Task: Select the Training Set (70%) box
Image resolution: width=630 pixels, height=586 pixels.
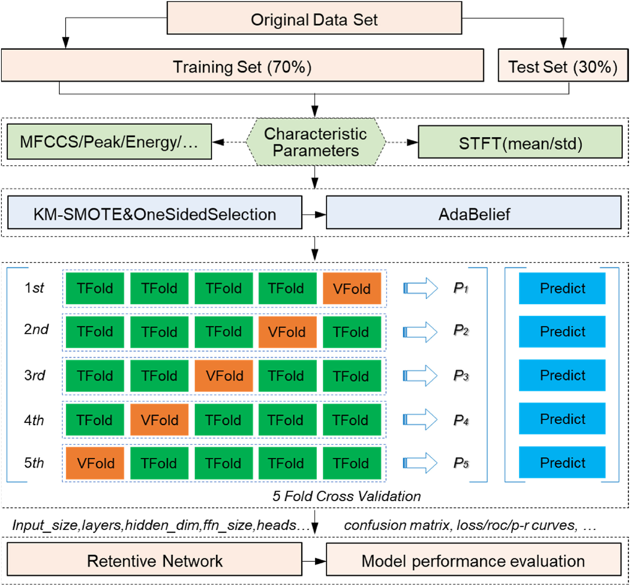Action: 242,65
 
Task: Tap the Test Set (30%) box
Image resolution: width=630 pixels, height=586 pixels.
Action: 563,65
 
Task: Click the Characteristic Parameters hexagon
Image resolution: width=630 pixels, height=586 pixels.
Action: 316,142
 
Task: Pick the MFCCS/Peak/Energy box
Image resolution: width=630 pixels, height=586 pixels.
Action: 109,142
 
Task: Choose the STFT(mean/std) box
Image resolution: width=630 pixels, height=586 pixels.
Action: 520,142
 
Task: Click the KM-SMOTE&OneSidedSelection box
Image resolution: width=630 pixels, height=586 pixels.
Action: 155,213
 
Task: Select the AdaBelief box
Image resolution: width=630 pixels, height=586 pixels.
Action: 473,213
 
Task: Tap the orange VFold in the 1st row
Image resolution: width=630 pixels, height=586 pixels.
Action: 352,288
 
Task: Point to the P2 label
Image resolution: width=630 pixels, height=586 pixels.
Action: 461,330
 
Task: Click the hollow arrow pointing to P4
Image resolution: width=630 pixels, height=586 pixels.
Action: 420,419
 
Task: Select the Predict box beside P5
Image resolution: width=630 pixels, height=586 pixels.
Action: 562,462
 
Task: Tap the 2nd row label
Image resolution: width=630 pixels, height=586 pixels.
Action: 36,330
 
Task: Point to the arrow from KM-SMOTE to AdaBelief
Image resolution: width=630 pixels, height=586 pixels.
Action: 314,215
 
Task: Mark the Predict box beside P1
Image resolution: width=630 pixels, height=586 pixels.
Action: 562,288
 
